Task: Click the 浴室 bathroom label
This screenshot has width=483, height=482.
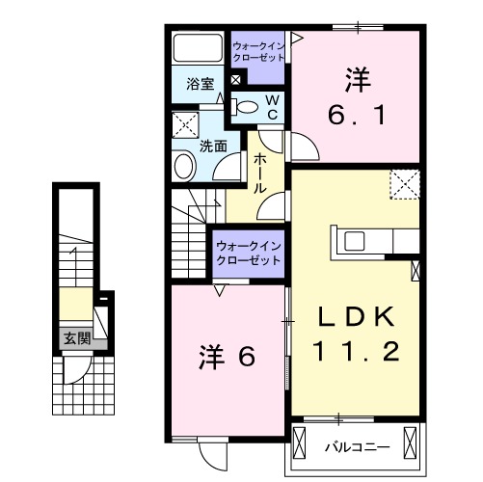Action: (x=199, y=84)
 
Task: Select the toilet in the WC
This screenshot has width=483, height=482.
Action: (x=248, y=107)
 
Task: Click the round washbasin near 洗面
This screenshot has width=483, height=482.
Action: (x=183, y=167)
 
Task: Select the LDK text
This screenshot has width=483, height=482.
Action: (x=354, y=315)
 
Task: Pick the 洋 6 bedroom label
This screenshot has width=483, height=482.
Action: (x=228, y=357)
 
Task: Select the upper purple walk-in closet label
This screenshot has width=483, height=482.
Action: (x=257, y=51)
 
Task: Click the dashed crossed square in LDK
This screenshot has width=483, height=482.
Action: (x=404, y=183)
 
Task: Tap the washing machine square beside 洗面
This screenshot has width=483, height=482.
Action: (x=183, y=125)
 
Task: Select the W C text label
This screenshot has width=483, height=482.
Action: (x=273, y=107)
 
